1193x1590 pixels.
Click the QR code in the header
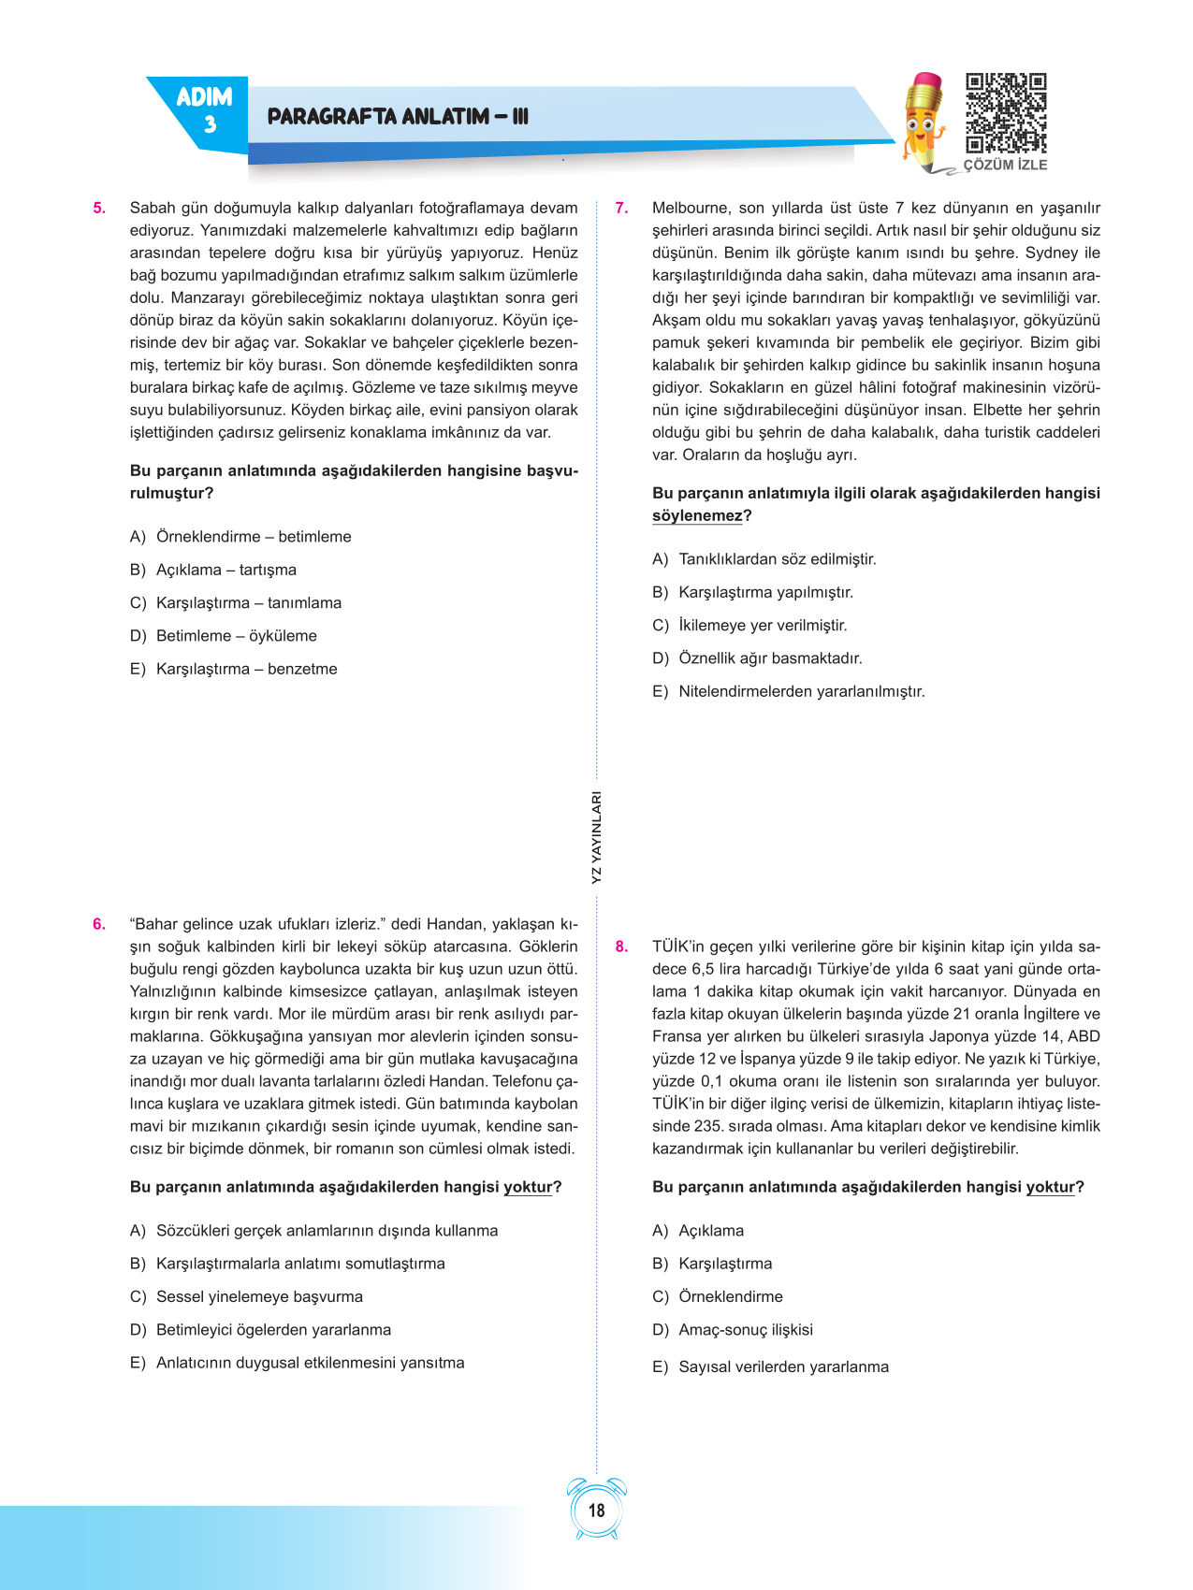(x=1006, y=113)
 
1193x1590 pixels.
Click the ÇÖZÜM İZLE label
(x=1006, y=165)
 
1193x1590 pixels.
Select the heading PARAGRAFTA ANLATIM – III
(x=398, y=117)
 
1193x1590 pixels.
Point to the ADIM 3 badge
(x=204, y=109)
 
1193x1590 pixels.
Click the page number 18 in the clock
(x=596, y=1510)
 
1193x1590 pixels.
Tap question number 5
(x=99, y=209)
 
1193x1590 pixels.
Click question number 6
(x=99, y=924)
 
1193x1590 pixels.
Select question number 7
(x=621, y=209)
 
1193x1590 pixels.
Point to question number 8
(x=621, y=947)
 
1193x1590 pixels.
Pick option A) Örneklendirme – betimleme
(x=240, y=537)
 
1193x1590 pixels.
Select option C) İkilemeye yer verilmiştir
(x=749, y=626)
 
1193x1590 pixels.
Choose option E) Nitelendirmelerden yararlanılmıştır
(x=788, y=692)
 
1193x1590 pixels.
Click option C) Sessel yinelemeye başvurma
(x=246, y=1297)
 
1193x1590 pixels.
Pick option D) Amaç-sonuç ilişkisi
(x=733, y=1330)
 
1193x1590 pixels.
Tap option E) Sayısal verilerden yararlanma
(x=770, y=1367)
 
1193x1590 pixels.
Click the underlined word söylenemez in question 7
(x=697, y=516)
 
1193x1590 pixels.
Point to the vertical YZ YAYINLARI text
(x=597, y=837)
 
